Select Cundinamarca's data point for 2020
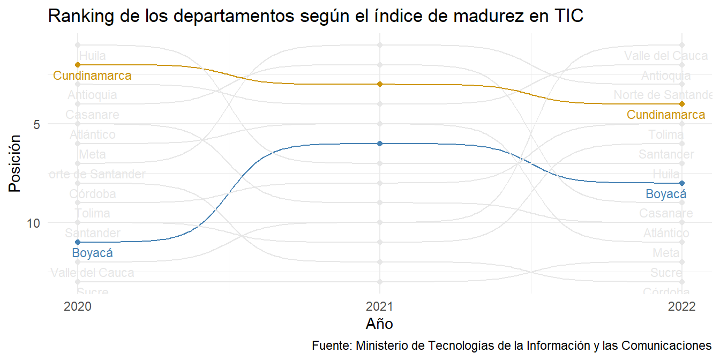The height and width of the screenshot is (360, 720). (78, 65)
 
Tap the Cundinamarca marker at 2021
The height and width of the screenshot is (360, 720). (380, 84)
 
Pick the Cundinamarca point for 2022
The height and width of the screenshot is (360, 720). (681, 104)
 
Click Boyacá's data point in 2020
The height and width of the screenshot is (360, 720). (78, 242)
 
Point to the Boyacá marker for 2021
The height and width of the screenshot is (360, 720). (380, 144)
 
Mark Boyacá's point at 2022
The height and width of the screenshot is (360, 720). (681, 183)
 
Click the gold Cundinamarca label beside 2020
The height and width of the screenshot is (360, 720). (92, 76)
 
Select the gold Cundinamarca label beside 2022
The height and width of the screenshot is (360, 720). (666, 115)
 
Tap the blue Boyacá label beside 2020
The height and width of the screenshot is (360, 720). (92, 253)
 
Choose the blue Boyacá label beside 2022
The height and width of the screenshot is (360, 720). (666, 194)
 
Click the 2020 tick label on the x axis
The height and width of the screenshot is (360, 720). (78, 307)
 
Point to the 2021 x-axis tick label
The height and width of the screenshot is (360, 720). (380, 307)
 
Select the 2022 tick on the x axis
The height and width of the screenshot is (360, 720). (681, 307)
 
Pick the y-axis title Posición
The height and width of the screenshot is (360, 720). (16, 163)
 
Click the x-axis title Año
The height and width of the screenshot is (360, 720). (380, 324)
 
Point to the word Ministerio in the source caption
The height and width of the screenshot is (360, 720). (382, 344)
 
